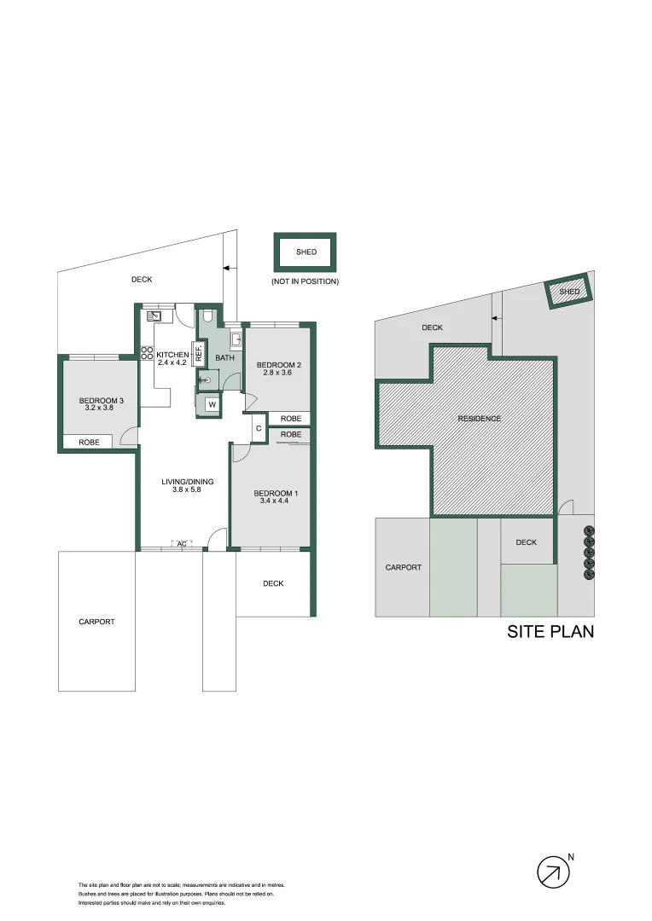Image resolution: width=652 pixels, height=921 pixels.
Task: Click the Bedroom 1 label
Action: [276, 494]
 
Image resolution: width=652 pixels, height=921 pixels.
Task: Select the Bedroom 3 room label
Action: [97, 401]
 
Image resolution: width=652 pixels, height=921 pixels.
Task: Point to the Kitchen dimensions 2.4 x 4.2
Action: [172, 362]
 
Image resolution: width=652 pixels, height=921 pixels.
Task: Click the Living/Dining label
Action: [188, 482]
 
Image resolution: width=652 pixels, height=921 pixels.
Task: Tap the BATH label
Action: [224, 358]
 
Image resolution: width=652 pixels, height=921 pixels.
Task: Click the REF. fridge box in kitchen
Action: [199, 353]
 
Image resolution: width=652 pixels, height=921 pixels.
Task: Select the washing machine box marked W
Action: [211, 405]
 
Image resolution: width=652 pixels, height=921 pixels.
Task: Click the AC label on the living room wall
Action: [182, 543]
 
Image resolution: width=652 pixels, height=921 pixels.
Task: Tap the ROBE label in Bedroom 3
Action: [89, 443]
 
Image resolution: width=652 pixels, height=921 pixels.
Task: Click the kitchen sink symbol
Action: [157, 316]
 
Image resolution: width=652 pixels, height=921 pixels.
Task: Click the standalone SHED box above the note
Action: [306, 252]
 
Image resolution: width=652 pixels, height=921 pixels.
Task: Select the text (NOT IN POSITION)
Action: [305, 281]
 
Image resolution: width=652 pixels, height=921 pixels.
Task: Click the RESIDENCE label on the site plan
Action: [479, 419]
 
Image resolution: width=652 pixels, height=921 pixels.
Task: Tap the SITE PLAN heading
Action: [550, 632]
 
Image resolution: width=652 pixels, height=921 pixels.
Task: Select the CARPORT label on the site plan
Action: [403, 568]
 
